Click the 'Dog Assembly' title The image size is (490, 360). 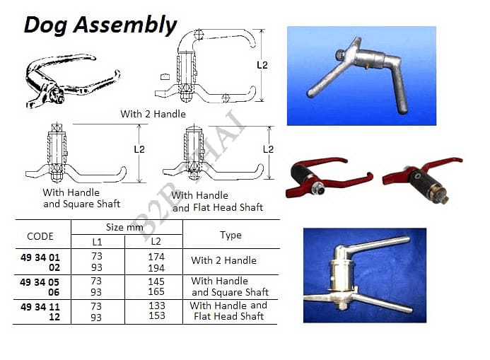pos(100,25)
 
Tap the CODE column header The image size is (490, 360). pos(40,236)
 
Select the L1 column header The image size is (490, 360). pos(97,242)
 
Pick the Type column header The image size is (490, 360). pos(231,235)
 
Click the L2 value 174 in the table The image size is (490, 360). pos(156,257)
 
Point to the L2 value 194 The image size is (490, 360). pos(156,268)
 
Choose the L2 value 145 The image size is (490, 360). pos(156,281)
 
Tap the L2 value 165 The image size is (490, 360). pos(156,291)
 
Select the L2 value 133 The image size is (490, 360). pos(157,306)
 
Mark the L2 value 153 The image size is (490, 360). pos(157,315)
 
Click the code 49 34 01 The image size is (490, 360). pos(40,257)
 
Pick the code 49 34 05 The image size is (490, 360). pos(40,282)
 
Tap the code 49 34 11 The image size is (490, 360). pos(40,307)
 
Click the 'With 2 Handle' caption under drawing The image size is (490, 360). pos(153,114)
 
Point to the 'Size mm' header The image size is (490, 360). pos(124,227)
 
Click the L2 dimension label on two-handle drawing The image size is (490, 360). pos(262,65)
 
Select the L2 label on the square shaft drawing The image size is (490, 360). pos(139,149)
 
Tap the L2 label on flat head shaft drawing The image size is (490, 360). pos(269,149)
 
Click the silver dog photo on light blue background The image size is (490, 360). pos(361,76)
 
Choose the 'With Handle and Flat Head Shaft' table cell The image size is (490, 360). pos(228,310)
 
